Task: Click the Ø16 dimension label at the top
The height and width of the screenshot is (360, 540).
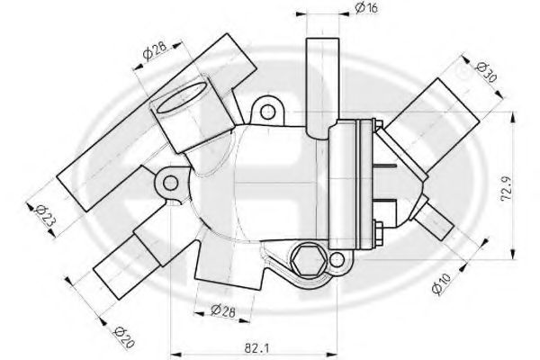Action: (x=366, y=7)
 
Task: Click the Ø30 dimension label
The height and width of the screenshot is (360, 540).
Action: (x=486, y=73)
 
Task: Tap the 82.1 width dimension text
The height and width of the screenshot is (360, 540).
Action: (x=256, y=348)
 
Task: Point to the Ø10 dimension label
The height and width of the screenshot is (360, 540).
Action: (x=441, y=283)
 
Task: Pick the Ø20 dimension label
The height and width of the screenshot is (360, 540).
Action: (x=123, y=337)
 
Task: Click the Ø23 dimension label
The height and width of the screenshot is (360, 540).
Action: (x=45, y=216)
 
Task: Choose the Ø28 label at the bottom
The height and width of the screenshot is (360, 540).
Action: (x=223, y=310)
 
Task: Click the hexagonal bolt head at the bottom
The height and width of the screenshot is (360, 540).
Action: (x=308, y=261)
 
